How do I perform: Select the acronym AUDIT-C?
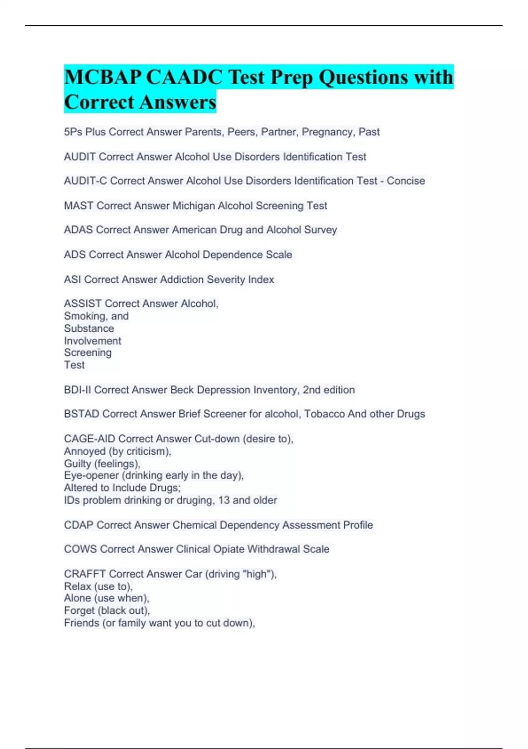85,181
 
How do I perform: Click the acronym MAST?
78,206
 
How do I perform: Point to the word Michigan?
194,206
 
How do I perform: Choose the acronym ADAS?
78,230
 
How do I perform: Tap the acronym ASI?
72,280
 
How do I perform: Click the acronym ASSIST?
83,304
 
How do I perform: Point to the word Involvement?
92,341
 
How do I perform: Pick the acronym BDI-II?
77,390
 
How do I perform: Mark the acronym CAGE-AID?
89,439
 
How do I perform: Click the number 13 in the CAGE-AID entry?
224,501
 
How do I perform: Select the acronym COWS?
80,549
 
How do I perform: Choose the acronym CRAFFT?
84,574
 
